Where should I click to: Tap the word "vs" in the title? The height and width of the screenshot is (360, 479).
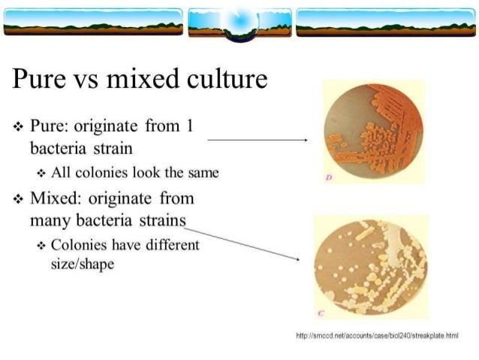click(x=90, y=78)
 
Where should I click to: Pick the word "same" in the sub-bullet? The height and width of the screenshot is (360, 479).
click(x=203, y=173)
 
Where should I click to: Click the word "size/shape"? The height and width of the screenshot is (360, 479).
click(x=83, y=265)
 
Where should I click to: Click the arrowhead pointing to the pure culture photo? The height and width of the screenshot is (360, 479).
click(x=305, y=140)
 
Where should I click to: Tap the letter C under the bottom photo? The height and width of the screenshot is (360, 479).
click(x=324, y=313)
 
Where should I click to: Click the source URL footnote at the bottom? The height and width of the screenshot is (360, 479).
click(x=384, y=334)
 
